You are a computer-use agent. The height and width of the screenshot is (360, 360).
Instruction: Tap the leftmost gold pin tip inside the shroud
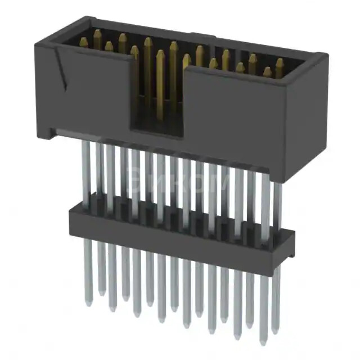click(x=83, y=41)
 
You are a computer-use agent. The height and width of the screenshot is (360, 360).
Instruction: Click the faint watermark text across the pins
click(x=180, y=183)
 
